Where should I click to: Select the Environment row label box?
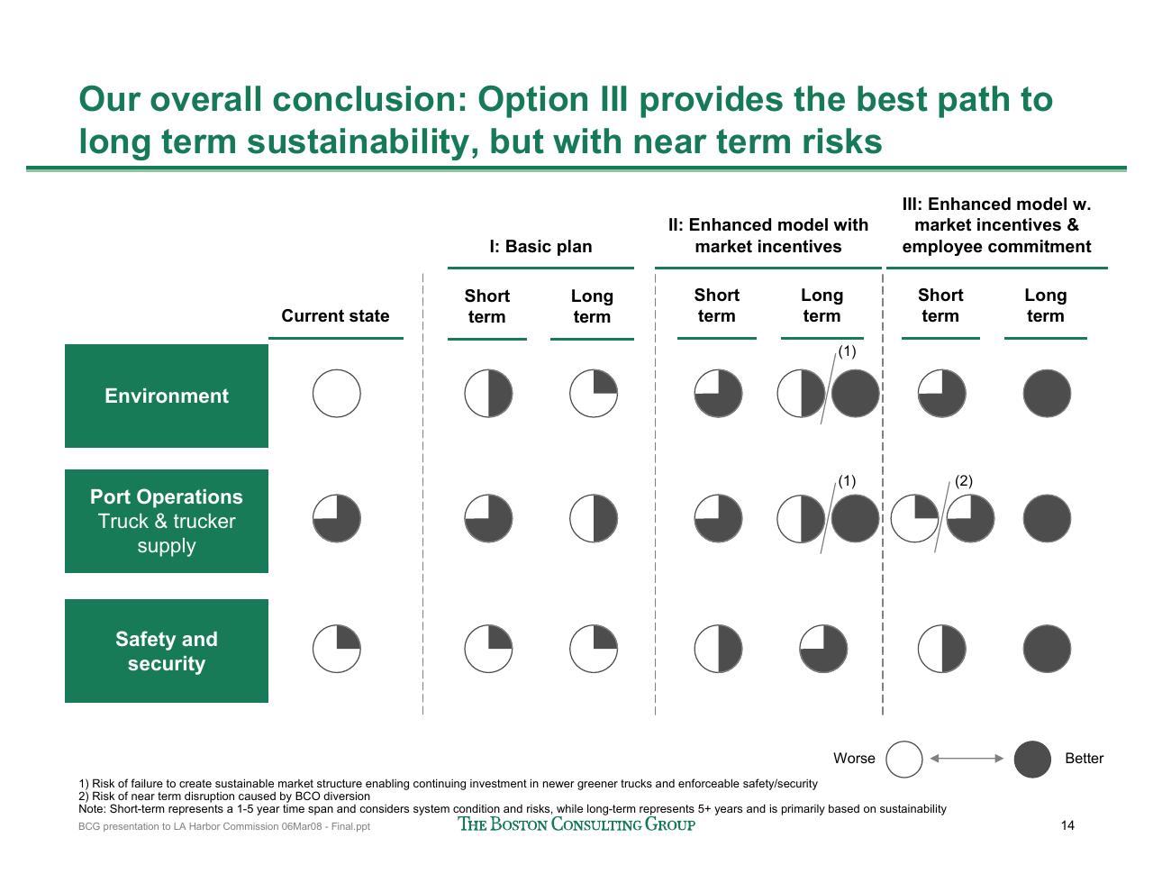pyautogui.click(x=166, y=396)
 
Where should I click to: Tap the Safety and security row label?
pyautogui.click(x=166, y=651)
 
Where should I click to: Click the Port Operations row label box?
pyautogui.click(x=166, y=521)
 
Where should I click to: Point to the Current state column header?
pyautogui.click(x=335, y=315)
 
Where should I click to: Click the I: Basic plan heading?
pyautogui.click(x=540, y=246)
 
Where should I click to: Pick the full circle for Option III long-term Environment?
pyautogui.click(x=1047, y=393)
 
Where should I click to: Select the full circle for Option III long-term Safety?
pyautogui.click(x=1047, y=649)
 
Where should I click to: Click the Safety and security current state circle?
pyautogui.click(x=336, y=649)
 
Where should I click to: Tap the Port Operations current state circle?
pyautogui.click(x=336, y=518)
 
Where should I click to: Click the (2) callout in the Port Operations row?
pyautogui.click(x=964, y=481)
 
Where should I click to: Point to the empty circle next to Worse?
pyautogui.click(x=903, y=759)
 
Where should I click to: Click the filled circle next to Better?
pyautogui.click(x=1032, y=759)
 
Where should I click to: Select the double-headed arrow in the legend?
pyautogui.click(x=967, y=759)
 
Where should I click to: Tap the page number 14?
pyautogui.click(x=1067, y=825)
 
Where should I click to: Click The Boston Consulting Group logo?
pyautogui.click(x=576, y=824)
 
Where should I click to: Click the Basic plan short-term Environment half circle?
pyautogui.click(x=488, y=393)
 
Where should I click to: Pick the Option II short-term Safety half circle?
pyautogui.click(x=718, y=649)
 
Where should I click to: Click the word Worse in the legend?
pyautogui.click(x=854, y=759)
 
